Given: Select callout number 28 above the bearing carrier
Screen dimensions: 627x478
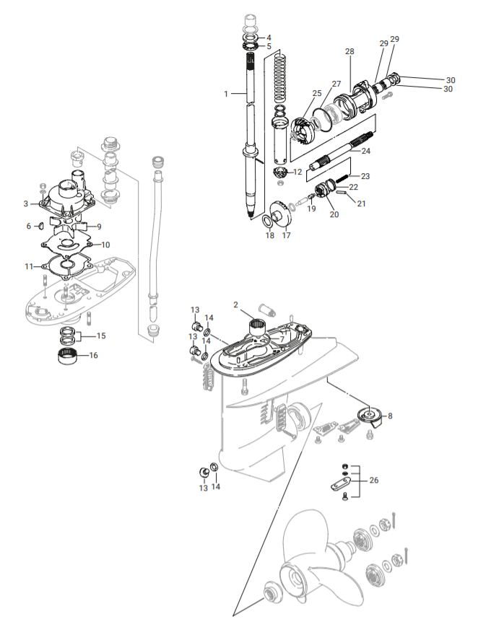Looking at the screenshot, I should click(x=349, y=52).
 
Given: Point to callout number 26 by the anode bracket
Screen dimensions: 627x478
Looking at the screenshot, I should click(x=373, y=479).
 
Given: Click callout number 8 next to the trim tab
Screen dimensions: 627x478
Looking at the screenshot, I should click(x=391, y=416).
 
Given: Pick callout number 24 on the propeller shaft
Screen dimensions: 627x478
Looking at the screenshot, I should click(x=365, y=151).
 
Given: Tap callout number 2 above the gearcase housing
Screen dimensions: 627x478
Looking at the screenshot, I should click(x=235, y=305).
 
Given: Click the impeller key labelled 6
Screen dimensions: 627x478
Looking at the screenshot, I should click(x=41, y=226).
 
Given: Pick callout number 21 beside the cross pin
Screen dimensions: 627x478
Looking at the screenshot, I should click(x=361, y=204).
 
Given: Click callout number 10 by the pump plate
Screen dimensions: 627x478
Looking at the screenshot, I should click(x=105, y=245).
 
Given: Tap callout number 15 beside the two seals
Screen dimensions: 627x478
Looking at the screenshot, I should click(x=100, y=336).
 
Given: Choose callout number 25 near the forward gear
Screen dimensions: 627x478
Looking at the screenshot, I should click(x=316, y=94).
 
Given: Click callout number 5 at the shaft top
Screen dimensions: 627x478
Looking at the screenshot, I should click(x=269, y=46).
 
